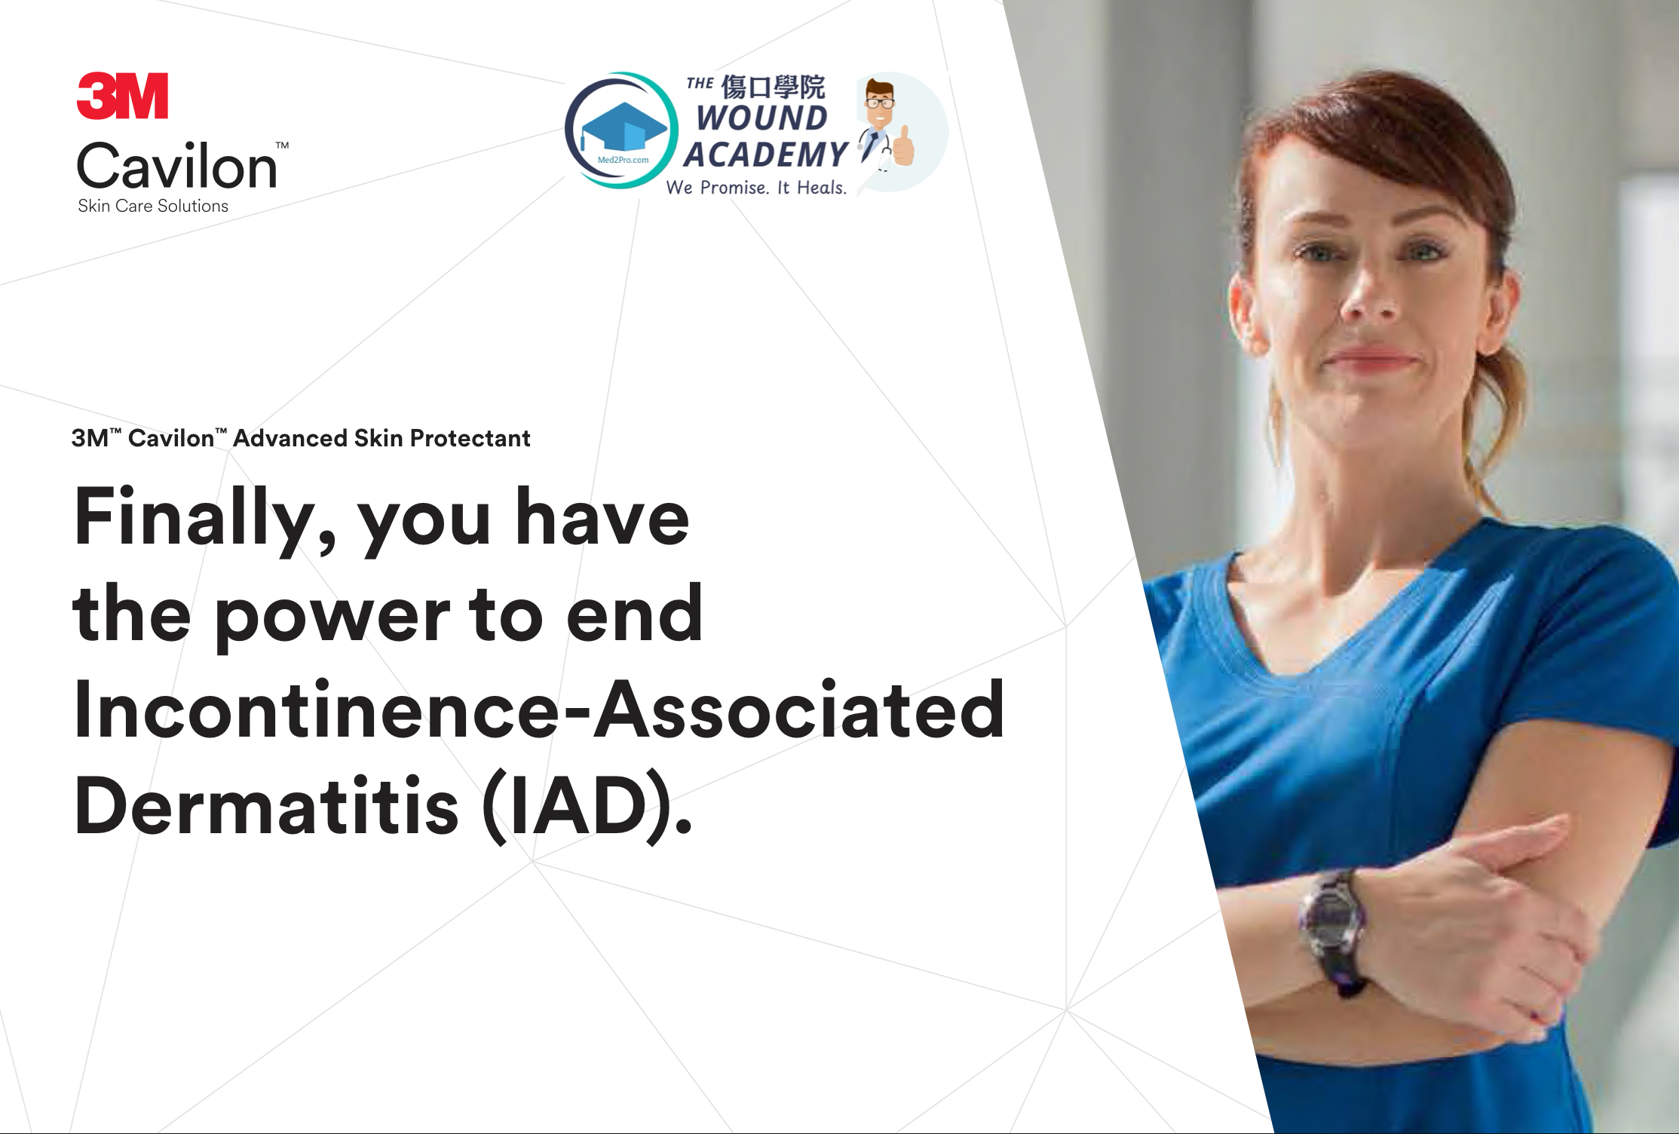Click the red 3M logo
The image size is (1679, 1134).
pos(122,96)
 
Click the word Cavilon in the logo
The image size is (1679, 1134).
pos(177,165)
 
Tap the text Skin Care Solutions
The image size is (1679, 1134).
pos(153,206)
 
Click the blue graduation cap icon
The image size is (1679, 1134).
pos(623,130)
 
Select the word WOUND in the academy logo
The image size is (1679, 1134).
pos(761,118)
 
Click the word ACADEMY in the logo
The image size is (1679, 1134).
pos(765,155)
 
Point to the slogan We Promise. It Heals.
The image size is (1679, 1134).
pos(756,187)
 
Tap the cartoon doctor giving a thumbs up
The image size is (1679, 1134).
pos(885,124)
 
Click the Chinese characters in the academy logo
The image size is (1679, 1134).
pos(773,87)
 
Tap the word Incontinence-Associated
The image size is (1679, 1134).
pos(539,710)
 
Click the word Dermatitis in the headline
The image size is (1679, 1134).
pos(266,805)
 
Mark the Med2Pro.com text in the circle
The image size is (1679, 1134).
pos(623,160)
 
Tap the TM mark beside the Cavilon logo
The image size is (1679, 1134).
pos(282,145)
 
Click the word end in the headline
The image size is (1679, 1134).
pos(635,614)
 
